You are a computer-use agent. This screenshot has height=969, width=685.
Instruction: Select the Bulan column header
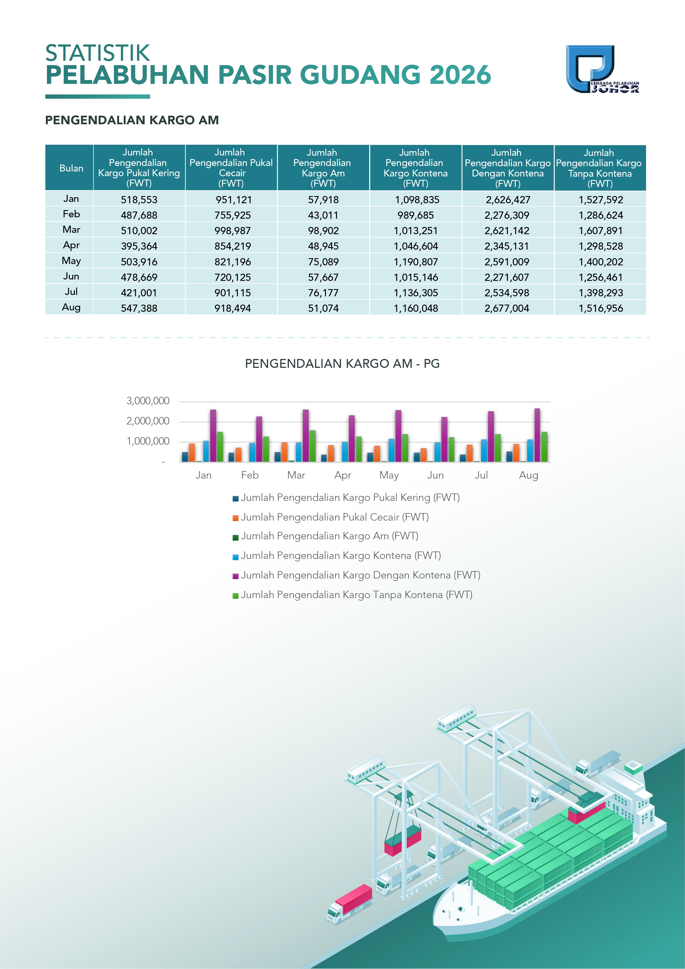[x=71, y=168]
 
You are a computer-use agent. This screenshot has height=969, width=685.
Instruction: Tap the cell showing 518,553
[x=139, y=200]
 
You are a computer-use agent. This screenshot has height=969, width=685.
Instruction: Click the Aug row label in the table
[x=71, y=307]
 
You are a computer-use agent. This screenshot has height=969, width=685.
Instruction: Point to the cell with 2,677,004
[x=507, y=308]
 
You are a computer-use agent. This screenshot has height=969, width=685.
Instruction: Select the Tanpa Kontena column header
[x=600, y=168]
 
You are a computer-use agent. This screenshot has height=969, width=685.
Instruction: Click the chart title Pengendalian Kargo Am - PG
[x=342, y=364]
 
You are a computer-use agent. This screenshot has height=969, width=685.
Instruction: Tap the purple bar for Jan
[x=213, y=435]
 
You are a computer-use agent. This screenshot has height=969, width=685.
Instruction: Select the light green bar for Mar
[x=312, y=446]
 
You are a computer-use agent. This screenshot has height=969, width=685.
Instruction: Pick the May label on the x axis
[x=389, y=475]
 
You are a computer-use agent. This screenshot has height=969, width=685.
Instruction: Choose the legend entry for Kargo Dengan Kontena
[x=356, y=575]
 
